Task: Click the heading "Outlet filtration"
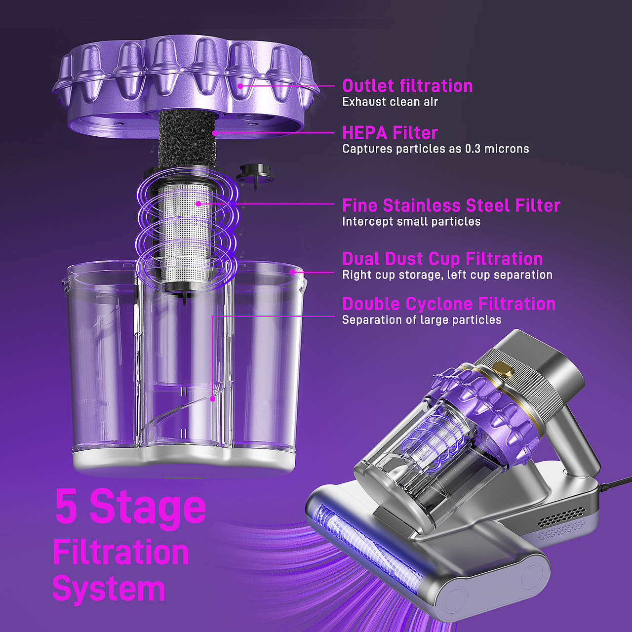tap(407, 86)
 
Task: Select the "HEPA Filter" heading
tap(390, 133)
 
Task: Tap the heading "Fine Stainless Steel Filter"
tap(451, 205)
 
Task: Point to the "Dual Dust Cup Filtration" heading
tap(442, 259)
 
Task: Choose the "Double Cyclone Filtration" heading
tap(449, 304)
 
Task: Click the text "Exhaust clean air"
tap(390, 102)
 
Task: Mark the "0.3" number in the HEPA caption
tap(473, 149)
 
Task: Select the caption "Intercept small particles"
tap(411, 221)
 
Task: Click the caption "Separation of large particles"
tap(422, 320)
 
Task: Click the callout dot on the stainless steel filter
tap(198, 203)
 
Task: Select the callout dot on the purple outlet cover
tap(240, 86)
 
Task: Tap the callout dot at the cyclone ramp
tap(212, 399)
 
